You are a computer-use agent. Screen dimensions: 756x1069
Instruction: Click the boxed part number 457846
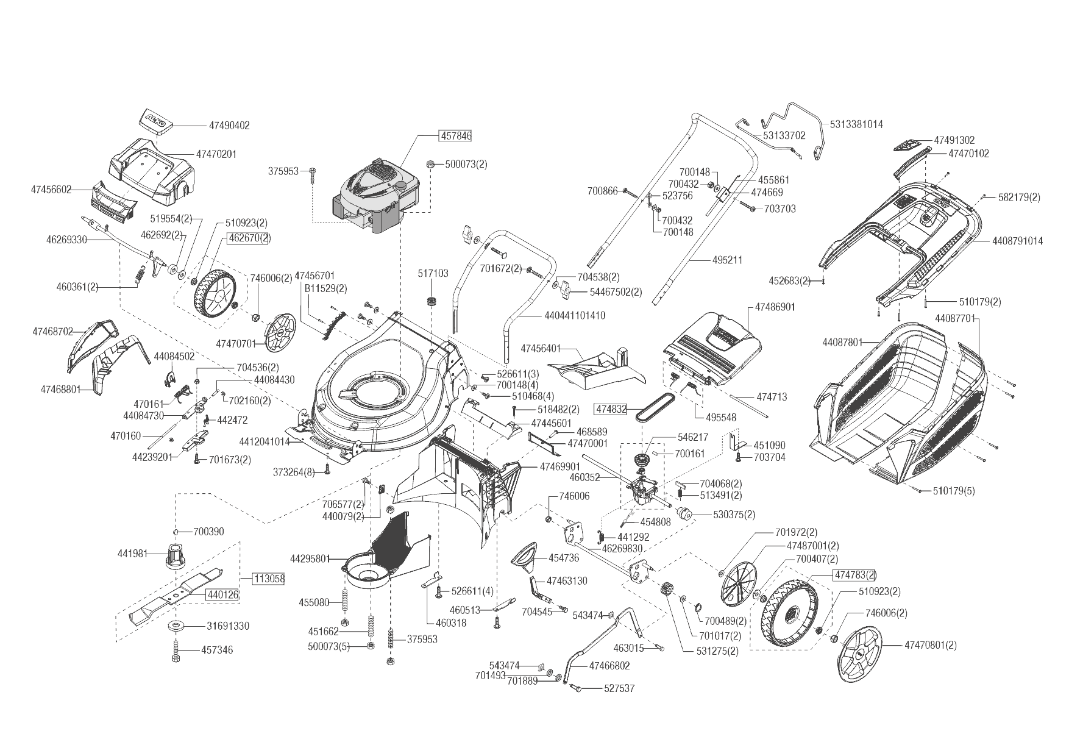coord(455,135)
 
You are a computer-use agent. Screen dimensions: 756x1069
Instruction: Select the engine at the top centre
coord(375,194)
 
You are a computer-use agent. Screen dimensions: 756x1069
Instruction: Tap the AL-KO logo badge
coord(156,120)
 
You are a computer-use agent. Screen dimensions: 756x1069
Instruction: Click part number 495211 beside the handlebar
coord(727,260)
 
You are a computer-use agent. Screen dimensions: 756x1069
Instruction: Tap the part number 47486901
coord(775,307)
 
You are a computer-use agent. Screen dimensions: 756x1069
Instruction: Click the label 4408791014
coord(1017,241)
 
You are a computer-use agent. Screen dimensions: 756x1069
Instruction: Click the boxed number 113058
coord(269,579)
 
